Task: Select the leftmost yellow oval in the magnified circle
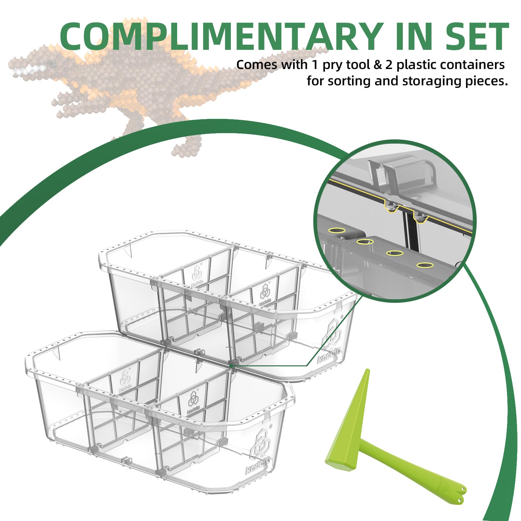[337, 230]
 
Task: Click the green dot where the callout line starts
[231, 366]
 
